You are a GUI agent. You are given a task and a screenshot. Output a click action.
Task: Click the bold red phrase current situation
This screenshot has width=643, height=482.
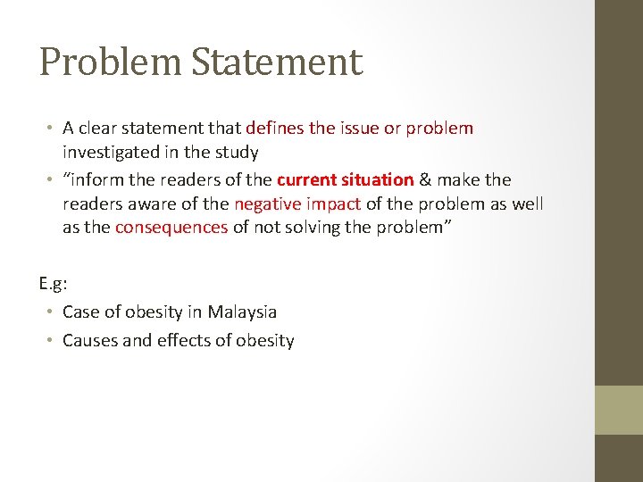[345, 180]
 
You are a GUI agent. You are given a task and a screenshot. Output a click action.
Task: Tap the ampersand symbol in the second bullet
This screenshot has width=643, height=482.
[427, 180]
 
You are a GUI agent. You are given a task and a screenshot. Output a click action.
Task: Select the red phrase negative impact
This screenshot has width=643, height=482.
[297, 204]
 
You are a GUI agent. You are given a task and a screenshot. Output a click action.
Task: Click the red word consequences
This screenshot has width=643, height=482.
[171, 227]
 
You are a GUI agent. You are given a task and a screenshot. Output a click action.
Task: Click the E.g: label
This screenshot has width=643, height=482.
[54, 284]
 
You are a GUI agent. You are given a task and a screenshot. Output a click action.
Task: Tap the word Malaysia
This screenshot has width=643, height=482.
[242, 312]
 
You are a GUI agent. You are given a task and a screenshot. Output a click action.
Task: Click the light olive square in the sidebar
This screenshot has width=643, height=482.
[619, 410]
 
